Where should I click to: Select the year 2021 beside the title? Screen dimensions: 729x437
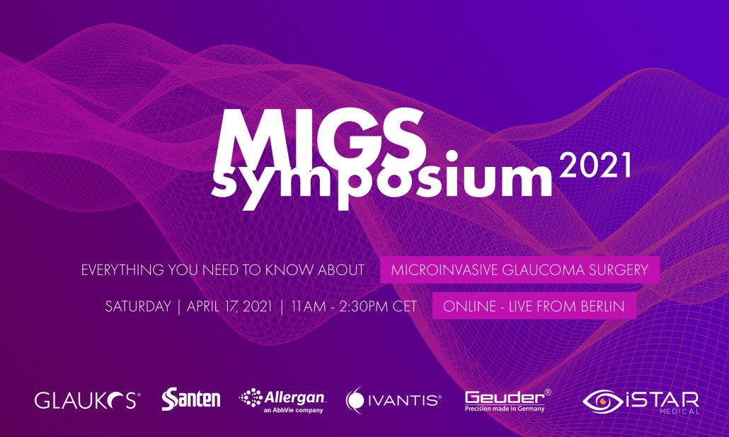coord(595,165)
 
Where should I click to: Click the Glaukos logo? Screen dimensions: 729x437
coord(87,400)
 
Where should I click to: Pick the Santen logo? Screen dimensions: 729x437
coord(190,399)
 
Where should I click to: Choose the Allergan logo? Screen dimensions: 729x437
coord(282,400)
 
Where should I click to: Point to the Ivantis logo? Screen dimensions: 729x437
coord(394,400)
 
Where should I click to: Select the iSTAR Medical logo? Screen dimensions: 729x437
coord(641,402)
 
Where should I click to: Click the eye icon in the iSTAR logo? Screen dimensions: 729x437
coord(602,401)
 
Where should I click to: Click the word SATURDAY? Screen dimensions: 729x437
coord(138,306)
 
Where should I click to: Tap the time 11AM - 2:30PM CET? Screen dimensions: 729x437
coord(354,306)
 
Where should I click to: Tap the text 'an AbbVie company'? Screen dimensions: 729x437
coord(293,411)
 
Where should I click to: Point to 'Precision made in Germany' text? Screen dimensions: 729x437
coord(505,409)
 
